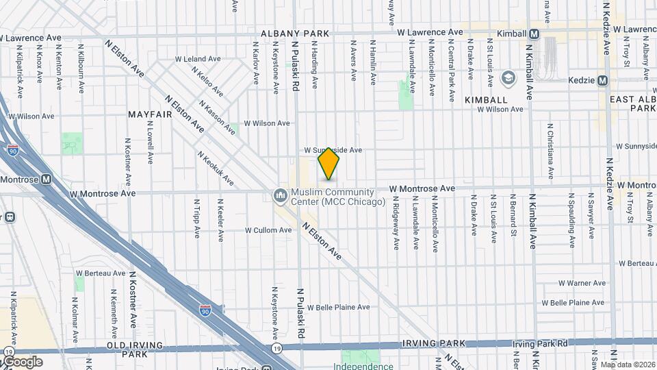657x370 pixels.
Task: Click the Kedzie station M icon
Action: point(602,81)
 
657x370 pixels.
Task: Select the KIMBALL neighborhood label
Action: point(486,100)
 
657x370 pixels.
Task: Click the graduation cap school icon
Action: point(508,78)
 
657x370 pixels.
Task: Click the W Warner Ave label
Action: point(582,283)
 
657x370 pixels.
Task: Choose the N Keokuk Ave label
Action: point(216,169)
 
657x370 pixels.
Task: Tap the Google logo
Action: point(22,362)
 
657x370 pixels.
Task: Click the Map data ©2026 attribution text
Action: point(628,364)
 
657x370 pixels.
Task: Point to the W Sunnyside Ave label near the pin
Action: point(342,149)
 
